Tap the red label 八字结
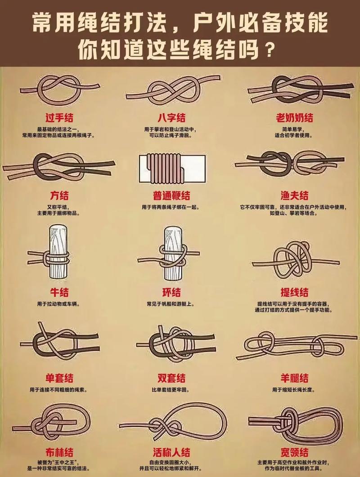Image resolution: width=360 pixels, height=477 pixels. point(171,118)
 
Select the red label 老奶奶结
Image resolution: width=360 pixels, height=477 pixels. point(294,118)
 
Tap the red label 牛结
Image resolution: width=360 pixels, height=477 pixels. point(59,293)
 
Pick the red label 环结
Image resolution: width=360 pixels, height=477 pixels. point(171,293)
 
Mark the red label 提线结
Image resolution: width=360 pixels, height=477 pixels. point(294,293)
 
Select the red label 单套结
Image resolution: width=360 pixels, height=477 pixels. point(59,378)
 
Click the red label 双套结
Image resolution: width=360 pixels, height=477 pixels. point(171,378)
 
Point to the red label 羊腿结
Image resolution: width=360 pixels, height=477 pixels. point(294,378)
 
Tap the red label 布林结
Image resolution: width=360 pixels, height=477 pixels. point(59,452)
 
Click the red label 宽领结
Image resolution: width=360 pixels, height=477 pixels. point(294,452)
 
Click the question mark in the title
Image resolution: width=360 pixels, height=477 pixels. point(269,47)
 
